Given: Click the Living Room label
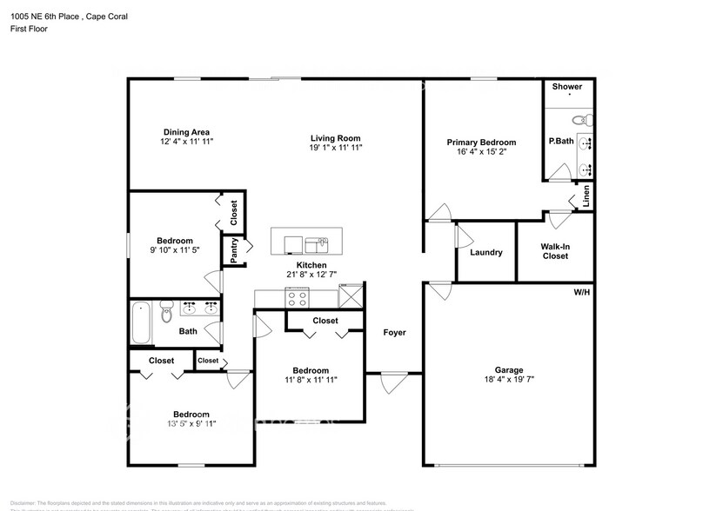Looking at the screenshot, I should pyautogui.click(x=336, y=138).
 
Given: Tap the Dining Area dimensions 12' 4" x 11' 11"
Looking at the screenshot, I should pyautogui.click(x=186, y=141).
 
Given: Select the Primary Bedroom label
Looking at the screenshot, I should pyautogui.click(x=481, y=143).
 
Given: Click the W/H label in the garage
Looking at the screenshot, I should pyautogui.click(x=581, y=292).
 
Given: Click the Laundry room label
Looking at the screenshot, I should pyautogui.click(x=485, y=253).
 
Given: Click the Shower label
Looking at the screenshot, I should pyautogui.click(x=567, y=87).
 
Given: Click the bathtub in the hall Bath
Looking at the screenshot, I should pyautogui.click(x=140, y=322).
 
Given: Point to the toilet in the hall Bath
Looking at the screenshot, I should pyautogui.click(x=166, y=315).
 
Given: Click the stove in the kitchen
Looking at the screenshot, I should pyautogui.click(x=297, y=297).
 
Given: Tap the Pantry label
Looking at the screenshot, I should pyautogui.click(x=234, y=250).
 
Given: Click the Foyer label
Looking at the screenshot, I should pyautogui.click(x=394, y=332).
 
